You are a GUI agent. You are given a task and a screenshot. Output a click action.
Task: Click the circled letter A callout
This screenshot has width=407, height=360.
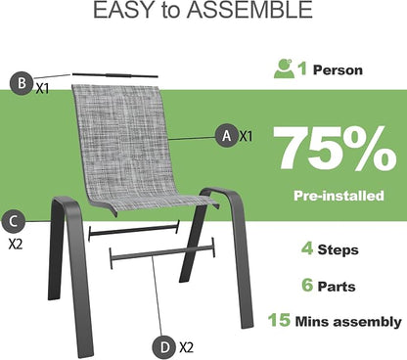[227, 135]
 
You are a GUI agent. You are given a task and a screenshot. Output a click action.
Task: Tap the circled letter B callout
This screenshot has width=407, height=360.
[22, 83]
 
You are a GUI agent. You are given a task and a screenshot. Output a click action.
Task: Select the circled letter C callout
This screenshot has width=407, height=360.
[14, 222]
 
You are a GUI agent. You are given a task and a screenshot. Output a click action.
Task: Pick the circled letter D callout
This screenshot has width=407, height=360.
[165, 347]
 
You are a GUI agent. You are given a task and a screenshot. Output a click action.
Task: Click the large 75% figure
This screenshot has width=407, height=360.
[335, 149]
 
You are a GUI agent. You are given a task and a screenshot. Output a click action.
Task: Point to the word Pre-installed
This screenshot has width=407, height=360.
[339, 196]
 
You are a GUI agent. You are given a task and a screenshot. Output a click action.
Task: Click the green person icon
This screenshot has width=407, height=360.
[284, 68]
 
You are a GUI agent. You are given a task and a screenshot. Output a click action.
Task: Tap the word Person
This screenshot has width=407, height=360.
[338, 70]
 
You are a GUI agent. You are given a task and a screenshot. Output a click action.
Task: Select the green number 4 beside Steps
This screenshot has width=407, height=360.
[307, 248]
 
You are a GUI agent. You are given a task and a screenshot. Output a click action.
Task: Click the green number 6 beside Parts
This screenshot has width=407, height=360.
[307, 285]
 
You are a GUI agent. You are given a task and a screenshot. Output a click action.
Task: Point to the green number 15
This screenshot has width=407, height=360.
[279, 320]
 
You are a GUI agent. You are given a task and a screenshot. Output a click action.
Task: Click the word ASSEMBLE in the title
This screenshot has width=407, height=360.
[250, 10]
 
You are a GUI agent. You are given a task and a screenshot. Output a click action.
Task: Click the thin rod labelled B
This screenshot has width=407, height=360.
[115, 75]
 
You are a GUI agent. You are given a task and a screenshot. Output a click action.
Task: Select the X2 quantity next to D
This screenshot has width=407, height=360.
[186, 347]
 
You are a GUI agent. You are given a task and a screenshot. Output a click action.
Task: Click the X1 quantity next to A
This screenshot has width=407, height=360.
[246, 136]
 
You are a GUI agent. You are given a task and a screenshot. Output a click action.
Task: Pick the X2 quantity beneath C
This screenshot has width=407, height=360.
[16, 244]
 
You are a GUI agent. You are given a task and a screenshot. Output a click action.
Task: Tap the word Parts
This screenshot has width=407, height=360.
[337, 287]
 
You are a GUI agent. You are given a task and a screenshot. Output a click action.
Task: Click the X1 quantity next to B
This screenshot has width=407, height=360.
[42, 88]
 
